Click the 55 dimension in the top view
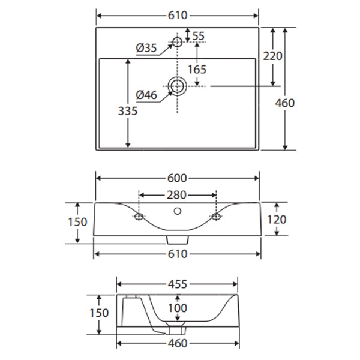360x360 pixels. tap(199, 36)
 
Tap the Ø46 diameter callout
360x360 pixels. tap(146, 94)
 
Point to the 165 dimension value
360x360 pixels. tap(197, 69)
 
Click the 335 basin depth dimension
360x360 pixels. tap(128, 111)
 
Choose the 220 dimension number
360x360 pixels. tap(273, 56)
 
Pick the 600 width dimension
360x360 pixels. tap(178, 178)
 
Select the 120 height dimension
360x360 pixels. tap(276, 219)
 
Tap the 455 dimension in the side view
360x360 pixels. tap(178, 283)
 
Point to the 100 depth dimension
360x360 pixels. tap(177, 308)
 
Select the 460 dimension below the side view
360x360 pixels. tap(178, 343)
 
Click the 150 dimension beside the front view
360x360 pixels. tap(78, 222)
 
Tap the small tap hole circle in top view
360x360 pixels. tap(177, 42)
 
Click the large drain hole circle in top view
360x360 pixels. tap(178, 86)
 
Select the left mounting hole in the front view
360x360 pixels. tap(139, 216)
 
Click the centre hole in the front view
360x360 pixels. tap(177, 211)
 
